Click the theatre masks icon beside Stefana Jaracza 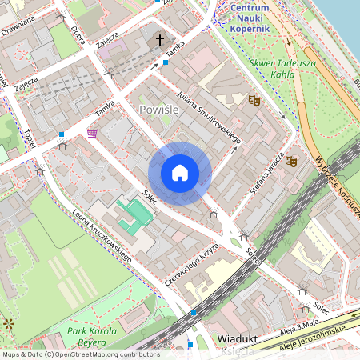[x=292, y=161]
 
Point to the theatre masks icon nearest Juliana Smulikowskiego [x=254, y=100]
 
